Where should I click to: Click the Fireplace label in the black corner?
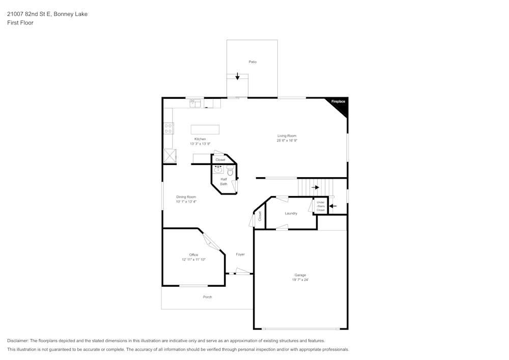pyautogui.click(x=338, y=102)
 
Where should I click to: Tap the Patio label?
pyautogui.click(x=252, y=62)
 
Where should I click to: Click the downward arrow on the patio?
pyautogui.click(x=237, y=76)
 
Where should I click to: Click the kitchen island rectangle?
pyautogui.click(x=205, y=129)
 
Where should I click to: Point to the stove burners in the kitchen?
pyautogui.click(x=168, y=128)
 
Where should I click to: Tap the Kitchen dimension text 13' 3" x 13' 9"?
pyautogui.click(x=200, y=144)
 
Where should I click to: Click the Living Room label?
pyautogui.click(x=287, y=136)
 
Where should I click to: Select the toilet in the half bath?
pyautogui.click(x=230, y=172)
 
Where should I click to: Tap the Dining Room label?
pyautogui.click(x=186, y=197)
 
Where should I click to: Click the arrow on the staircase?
pyautogui.click(x=316, y=187)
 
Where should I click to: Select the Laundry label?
pyautogui.click(x=291, y=213)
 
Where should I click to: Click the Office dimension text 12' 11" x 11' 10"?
pyautogui.click(x=193, y=260)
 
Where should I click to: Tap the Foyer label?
pyautogui.click(x=240, y=255)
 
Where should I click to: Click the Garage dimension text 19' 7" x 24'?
pyautogui.click(x=300, y=280)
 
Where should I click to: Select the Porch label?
pyautogui.click(x=207, y=297)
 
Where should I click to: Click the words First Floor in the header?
pyautogui.click(x=20, y=23)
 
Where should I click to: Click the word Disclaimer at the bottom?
pyautogui.click(x=18, y=341)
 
